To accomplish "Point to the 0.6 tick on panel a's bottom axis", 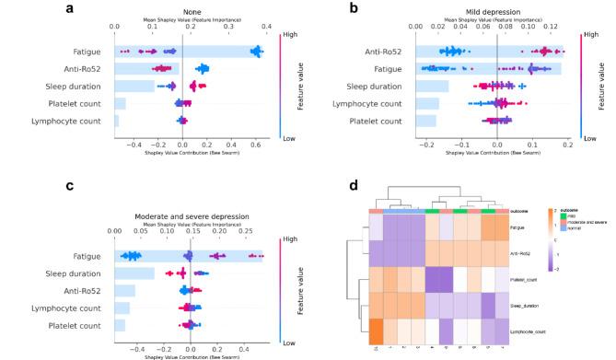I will (256, 145).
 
